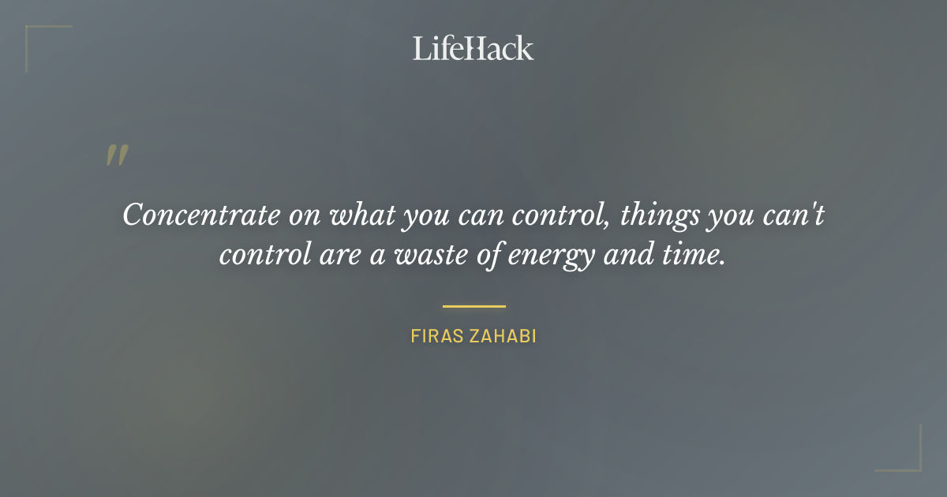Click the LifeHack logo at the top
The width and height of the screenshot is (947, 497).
pyautogui.click(x=473, y=48)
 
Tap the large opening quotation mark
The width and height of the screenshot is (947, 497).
pyautogui.click(x=117, y=155)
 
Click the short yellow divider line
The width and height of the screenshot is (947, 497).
pyautogui.click(x=473, y=306)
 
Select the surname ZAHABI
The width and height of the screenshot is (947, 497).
pyautogui.click(x=502, y=337)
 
